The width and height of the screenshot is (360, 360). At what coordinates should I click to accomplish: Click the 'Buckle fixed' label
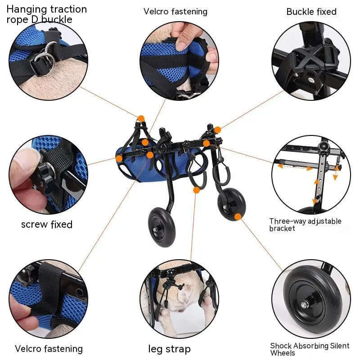[311, 12]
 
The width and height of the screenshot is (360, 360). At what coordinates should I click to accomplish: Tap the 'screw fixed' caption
[47, 224]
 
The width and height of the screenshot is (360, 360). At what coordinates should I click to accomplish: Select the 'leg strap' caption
[170, 349]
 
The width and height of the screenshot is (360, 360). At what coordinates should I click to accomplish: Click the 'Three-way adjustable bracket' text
[305, 225]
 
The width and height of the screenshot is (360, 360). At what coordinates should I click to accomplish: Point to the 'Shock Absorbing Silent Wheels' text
[310, 349]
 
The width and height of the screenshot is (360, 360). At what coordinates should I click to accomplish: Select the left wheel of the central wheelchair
[161, 227]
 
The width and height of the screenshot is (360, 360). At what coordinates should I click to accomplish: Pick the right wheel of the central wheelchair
[231, 204]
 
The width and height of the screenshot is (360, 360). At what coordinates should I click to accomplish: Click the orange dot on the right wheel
[238, 216]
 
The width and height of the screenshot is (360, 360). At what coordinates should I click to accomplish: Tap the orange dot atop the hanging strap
[141, 118]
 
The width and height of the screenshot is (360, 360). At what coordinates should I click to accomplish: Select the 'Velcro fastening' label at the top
[175, 12]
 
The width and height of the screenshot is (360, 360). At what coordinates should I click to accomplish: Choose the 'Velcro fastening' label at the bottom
[49, 349]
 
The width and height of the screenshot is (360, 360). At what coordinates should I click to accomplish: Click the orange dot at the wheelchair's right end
[218, 130]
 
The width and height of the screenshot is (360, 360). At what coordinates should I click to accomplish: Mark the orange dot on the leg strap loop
[196, 190]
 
